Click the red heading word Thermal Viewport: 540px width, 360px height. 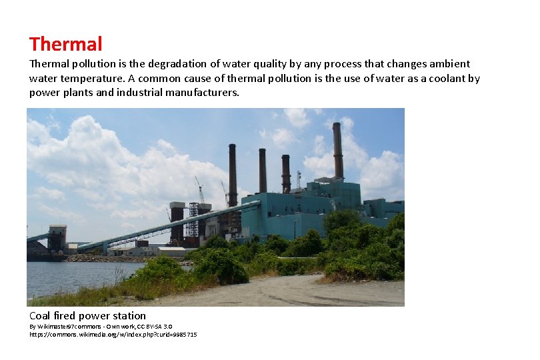coord(65,45)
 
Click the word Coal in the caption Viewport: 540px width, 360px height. coord(39,315)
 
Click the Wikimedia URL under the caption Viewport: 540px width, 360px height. coord(113,334)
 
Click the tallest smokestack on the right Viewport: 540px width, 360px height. coord(338,150)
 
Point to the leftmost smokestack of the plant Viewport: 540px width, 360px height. coord(233,173)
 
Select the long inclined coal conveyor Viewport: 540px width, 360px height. coord(160,227)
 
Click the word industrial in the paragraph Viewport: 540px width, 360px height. coord(145,93)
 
